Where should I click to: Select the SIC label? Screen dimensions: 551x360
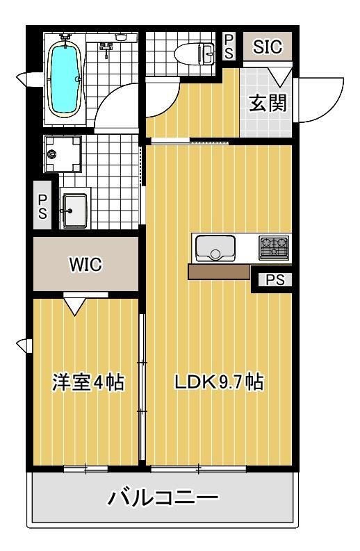click(x=268, y=47)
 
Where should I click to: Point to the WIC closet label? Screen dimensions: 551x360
click(x=85, y=265)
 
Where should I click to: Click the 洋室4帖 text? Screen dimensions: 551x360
click(x=88, y=382)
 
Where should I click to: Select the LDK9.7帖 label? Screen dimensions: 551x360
click(x=218, y=382)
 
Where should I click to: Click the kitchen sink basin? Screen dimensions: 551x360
click(x=215, y=247)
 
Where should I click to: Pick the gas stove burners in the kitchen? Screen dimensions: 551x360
click(x=274, y=246)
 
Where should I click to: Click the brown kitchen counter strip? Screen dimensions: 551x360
click(x=219, y=271)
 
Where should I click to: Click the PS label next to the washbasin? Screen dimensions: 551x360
click(x=42, y=206)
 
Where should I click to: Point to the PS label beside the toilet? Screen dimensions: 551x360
click(x=229, y=46)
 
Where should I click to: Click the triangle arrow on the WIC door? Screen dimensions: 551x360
click(x=74, y=304)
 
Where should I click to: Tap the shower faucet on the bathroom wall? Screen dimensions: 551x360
click(x=106, y=47)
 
